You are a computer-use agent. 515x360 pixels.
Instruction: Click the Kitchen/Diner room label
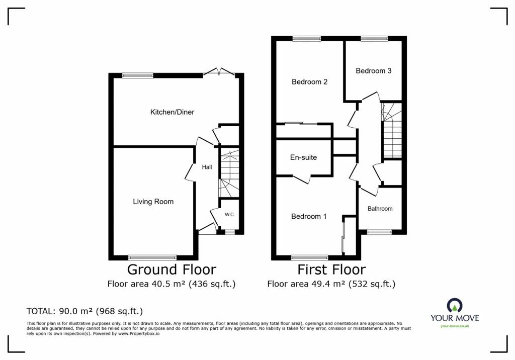click(172, 112)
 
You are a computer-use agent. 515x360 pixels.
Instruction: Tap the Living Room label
click(153, 202)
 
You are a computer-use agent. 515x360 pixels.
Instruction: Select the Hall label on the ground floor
click(207, 167)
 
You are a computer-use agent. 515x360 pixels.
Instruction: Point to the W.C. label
click(229, 215)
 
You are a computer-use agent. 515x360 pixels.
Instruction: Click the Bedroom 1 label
click(309, 216)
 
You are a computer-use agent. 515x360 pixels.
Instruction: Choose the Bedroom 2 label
click(309, 82)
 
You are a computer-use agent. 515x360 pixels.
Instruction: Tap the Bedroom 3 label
click(374, 70)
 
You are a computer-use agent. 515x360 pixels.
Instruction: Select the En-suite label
click(303, 157)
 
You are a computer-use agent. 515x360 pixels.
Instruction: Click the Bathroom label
click(380, 209)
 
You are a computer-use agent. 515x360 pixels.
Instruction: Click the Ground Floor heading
click(171, 269)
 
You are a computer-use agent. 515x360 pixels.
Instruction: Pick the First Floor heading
click(331, 269)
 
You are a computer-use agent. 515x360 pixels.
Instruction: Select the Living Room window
click(152, 257)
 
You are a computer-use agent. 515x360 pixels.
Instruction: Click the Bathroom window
click(379, 232)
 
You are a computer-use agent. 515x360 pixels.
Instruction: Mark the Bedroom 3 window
click(374, 38)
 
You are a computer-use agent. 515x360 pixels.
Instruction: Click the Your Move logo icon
click(455, 305)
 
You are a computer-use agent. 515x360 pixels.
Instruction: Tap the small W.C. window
click(230, 232)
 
